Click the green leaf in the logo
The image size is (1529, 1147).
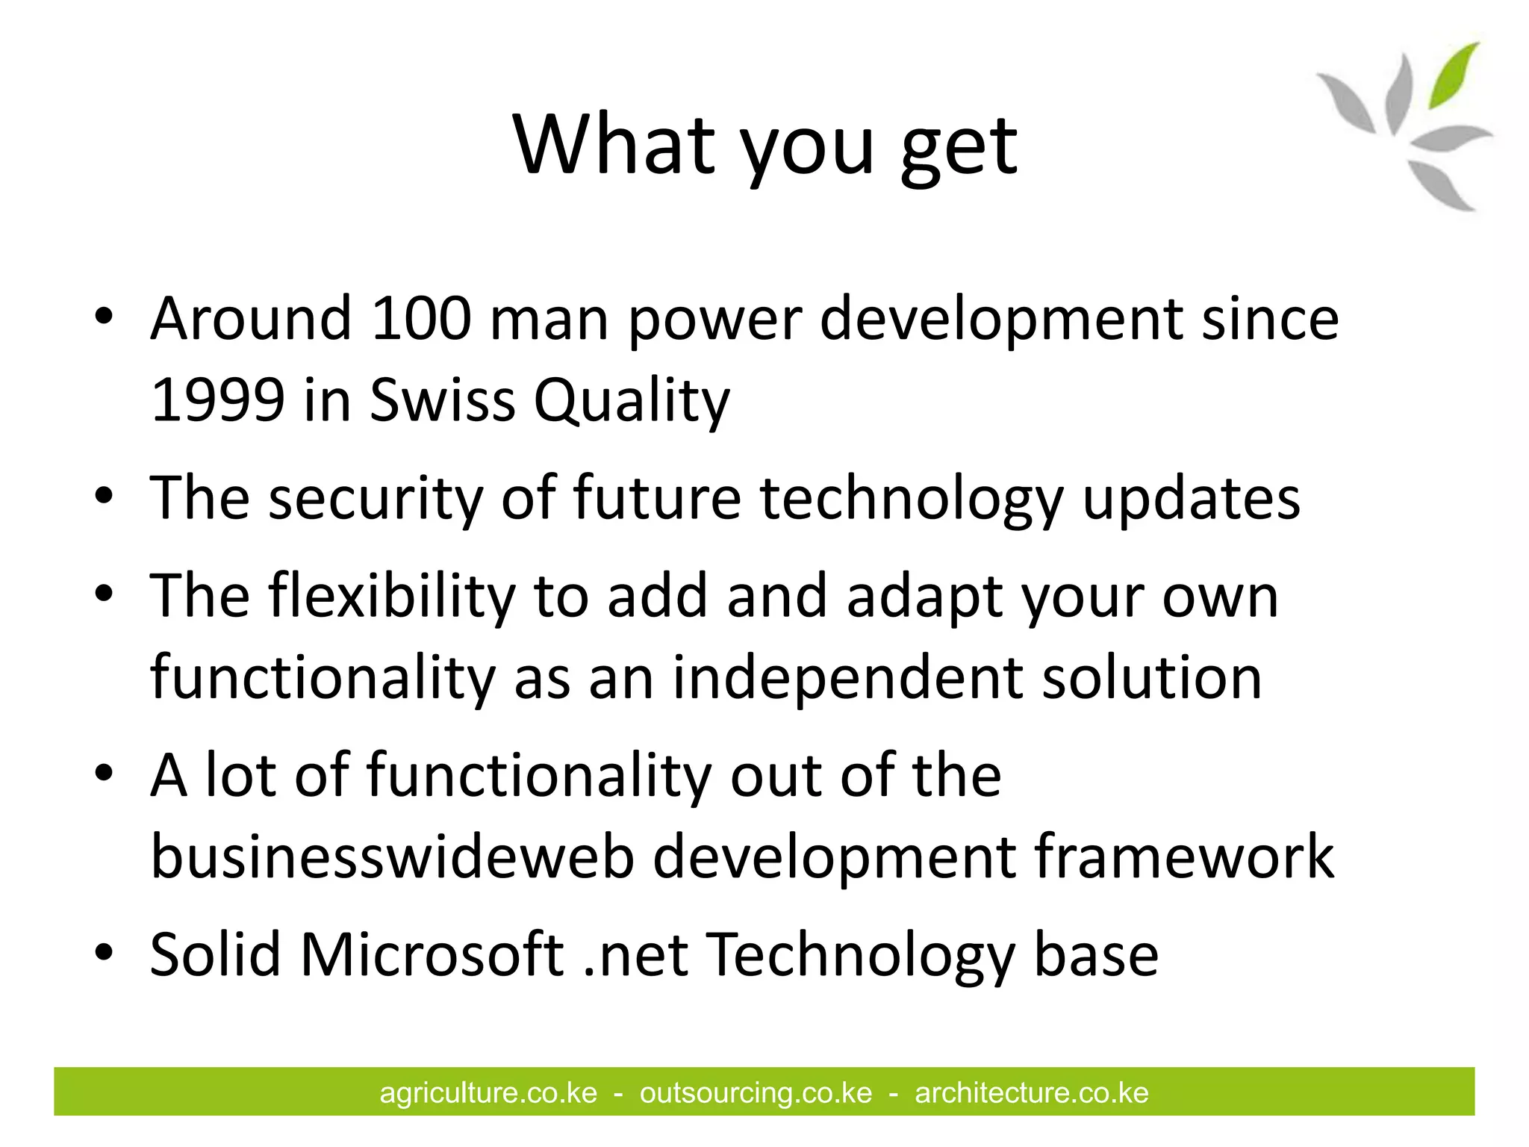(1453, 75)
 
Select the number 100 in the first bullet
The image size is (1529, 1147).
(421, 318)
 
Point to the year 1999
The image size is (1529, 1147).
(217, 400)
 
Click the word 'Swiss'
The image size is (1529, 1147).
(442, 400)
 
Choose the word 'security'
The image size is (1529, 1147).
(376, 499)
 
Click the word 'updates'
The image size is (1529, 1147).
(1191, 499)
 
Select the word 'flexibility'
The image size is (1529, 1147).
(392, 597)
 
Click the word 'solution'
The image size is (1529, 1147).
(1151, 678)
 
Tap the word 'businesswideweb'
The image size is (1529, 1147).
(392, 857)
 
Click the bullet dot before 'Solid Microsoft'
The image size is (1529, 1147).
(104, 952)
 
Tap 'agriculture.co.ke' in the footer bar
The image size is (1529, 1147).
(488, 1092)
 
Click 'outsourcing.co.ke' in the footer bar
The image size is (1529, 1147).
(756, 1092)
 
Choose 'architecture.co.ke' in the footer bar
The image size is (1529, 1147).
(1031, 1092)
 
